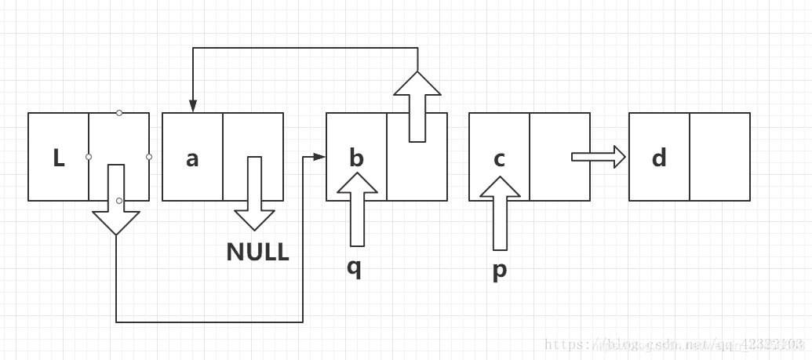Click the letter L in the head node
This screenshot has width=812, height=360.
click(x=59, y=158)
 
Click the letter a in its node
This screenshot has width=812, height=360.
click(x=192, y=158)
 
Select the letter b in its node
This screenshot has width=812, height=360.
click(x=356, y=158)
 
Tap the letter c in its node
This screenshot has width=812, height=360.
click(x=500, y=158)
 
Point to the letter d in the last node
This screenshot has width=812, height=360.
click(x=659, y=158)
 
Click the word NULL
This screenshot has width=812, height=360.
click(x=257, y=252)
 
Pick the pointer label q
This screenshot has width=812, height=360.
click(x=355, y=267)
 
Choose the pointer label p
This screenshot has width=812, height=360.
click(x=500, y=269)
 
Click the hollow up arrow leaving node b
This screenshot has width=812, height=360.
click(x=417, y=107)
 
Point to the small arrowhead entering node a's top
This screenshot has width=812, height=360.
click(x=192, y=107)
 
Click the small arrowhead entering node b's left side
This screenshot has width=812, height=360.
click(x=319, y=157)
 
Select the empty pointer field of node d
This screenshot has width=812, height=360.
click(x=719, y=157)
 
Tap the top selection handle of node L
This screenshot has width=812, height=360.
click(x=119, y=113)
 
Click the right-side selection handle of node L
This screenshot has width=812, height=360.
click(x=149, y=157)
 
